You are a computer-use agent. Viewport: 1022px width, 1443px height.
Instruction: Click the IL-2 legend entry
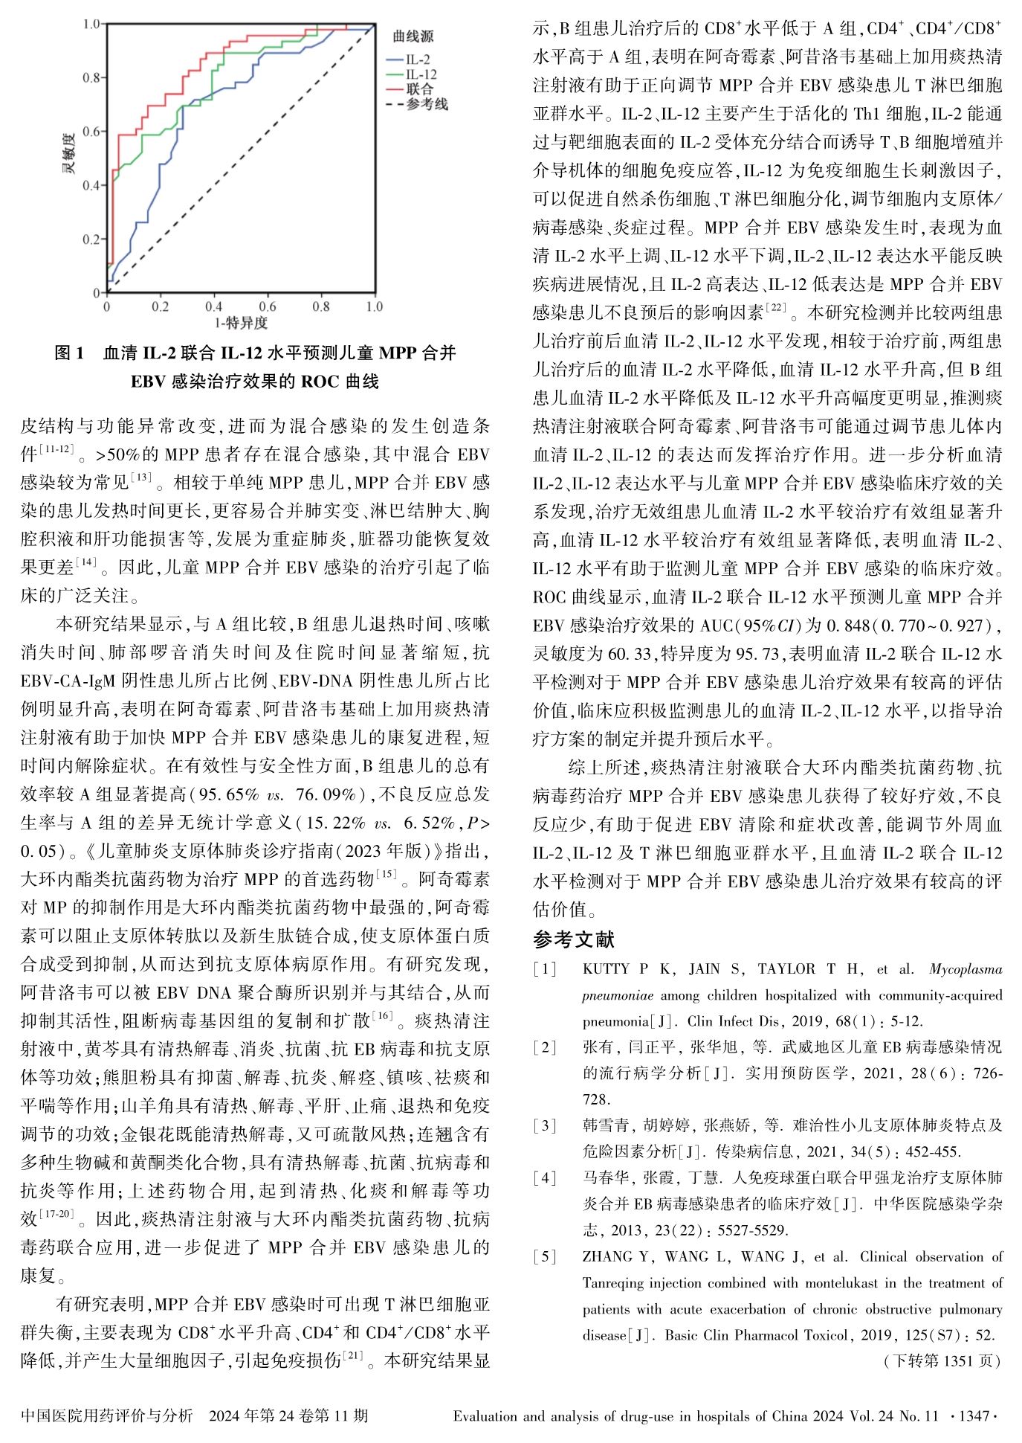pyautogui.click(x=418, y=60)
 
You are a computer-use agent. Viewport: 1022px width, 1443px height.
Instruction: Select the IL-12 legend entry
pyautogui.click(x=421, y=74)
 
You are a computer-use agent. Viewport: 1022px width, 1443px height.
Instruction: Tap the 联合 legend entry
pyautogui.click(x=420, y=89)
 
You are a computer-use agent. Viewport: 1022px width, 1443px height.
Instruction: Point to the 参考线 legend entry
pyautogui.click(x=427, y=104)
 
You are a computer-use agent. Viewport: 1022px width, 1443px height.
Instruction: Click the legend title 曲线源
pyautogui.click(x=413, y=36)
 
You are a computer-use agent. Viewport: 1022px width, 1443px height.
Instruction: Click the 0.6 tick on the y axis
pyautogui.click(x=91, y=132)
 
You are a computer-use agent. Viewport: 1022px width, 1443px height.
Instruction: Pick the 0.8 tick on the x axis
pyautogui.click(x=321, y=306)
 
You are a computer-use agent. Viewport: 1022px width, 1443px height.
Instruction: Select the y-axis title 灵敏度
pyautogui.click(x=68, y=153)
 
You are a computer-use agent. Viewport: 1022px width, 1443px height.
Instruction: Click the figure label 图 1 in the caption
pyautogui.click(x=71, y=353)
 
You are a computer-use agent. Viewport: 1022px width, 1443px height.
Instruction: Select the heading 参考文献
pyautogui.click(x=574, y=939)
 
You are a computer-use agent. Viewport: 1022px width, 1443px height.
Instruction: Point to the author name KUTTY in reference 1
pyautogui.click(x=607, y=969)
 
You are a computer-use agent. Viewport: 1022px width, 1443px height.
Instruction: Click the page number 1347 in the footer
pyautogui.click(x=974, y=1416)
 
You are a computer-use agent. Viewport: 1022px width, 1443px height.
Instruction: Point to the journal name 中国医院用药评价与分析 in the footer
pyautogui.click(x=107, y=1416)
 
